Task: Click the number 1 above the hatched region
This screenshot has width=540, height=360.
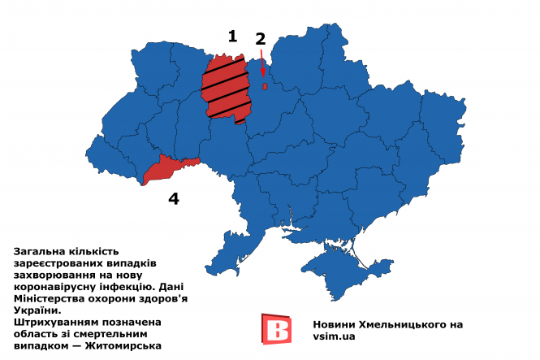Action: click(x=232, y=36)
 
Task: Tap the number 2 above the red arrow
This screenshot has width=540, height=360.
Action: click(x=260, y=38)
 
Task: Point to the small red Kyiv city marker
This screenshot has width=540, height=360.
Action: click(x=265, y=86)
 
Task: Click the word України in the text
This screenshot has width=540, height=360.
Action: click(x=37, y=310)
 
